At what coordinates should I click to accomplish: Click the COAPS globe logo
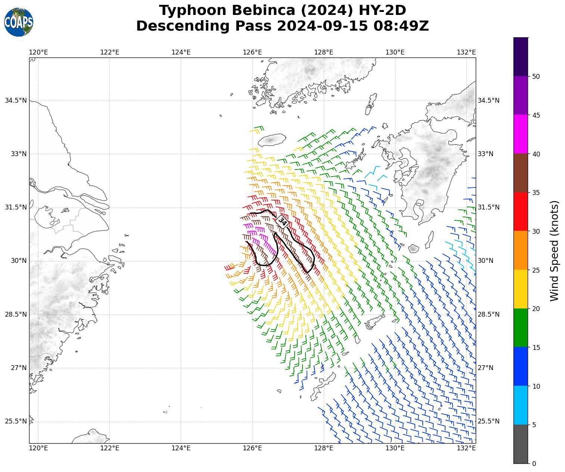click(x=19, y=22)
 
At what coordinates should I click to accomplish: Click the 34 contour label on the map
click(x=282, y=222)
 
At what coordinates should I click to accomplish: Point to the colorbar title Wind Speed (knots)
click(x=555, y=251)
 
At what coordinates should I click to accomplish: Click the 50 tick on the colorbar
click(x=536, y=77)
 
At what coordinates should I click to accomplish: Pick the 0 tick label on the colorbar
click(x=534, y=464)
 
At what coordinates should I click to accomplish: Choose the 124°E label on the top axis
click(x=181, y=52)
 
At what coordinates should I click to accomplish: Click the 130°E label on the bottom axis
click(x=395, y=448)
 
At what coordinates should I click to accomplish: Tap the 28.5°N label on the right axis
click(x=488, y=314)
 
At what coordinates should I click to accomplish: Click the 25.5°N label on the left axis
click(x=16, y=421)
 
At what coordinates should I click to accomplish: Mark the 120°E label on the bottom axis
click(x=38, y=448)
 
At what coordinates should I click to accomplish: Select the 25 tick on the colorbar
click(x=536, y=270)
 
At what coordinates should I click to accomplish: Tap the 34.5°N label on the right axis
click(x=488, y=100)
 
